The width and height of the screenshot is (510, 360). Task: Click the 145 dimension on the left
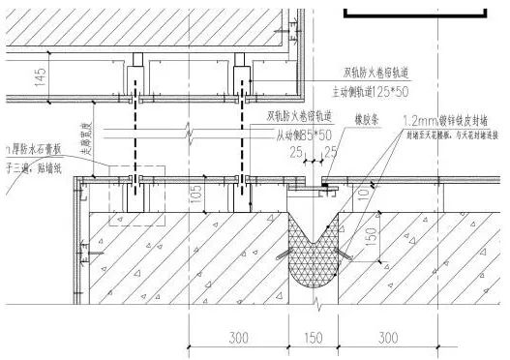tap(40, 78)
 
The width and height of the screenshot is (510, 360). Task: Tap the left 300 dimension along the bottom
tap(239, 338)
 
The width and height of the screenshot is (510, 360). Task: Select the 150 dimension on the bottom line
tap(315, 338)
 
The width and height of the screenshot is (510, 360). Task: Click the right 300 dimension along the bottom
tap(387, 338)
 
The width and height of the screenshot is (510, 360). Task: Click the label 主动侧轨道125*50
tap(372, 90)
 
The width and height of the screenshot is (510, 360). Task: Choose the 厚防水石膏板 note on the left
tap(34, 150)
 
